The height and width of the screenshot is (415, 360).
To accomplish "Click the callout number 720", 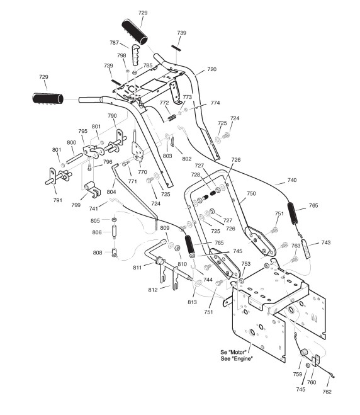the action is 211,69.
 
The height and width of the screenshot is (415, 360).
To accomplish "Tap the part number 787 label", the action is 115,43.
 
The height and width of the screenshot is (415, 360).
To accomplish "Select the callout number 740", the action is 292,180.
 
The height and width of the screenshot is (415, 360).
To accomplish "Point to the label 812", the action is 153,290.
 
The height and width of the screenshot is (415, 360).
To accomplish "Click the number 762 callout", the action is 327,392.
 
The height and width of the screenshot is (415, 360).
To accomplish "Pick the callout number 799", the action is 76,205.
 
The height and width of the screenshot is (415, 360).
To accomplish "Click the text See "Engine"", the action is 237,358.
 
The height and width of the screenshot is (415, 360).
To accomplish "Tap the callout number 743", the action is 326,242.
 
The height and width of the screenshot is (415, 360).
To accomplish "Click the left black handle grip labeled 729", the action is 48,98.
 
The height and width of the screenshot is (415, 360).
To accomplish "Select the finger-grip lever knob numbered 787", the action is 135,54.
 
